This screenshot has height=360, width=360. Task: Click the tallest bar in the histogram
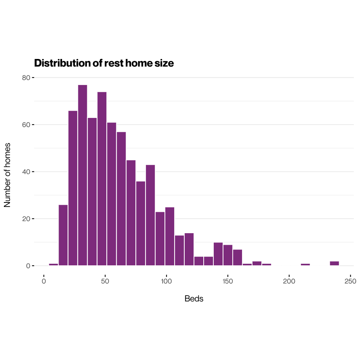tap(82, 175)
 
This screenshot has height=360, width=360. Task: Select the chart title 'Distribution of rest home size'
tap(104, 63)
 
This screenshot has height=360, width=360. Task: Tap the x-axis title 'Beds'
tap(194, 299)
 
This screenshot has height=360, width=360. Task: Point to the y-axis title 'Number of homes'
tap(7, 175)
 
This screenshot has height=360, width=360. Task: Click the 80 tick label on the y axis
tap(26, 78)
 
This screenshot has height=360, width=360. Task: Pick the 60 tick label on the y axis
tap(26, 125)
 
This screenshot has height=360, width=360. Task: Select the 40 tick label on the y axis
tap(26, 171)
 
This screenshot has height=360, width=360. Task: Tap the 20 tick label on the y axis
tap(26, 219)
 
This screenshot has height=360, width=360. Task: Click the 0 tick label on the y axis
tap(28, 266)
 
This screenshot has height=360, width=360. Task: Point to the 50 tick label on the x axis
tap(105, 281)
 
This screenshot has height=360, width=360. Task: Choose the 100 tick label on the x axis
tap(166, 281)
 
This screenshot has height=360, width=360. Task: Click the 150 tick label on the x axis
tap(228, 281)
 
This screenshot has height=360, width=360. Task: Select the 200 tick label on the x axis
tap(289, 281)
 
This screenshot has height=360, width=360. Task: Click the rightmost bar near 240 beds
tap(334, 263)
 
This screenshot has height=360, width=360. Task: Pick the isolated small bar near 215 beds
tap(305, 265)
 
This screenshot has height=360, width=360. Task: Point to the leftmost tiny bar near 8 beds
tap(54, 265)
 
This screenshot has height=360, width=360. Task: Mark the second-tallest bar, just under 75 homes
tap(102, 178)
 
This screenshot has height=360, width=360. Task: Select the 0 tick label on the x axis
tap(44, 281)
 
